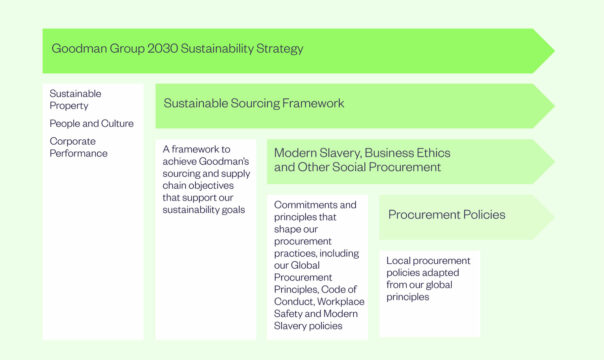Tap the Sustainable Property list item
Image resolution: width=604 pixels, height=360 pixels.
click(x=75, y=100)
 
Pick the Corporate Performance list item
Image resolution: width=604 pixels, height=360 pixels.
click(x=78, y=146)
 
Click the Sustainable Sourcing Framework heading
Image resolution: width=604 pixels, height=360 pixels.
click(x=253, y=103)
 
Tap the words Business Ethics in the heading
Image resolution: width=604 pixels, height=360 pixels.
click(x=407, y=153)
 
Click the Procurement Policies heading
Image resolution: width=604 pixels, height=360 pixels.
click(x=446, y=214)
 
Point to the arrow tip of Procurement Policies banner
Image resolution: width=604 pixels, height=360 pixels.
click(x=552, y=216)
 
